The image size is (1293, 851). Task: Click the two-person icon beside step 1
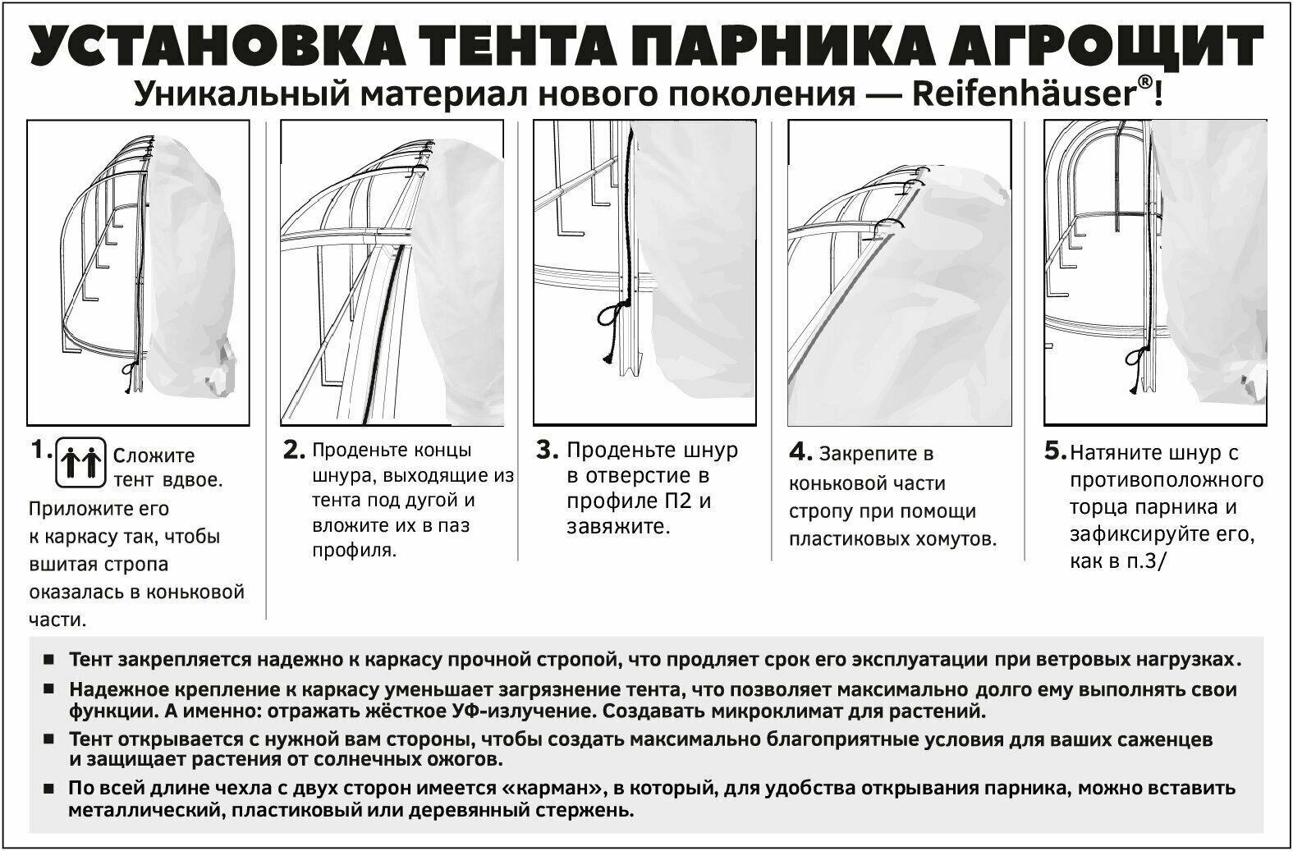80,463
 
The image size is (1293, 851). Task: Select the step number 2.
294,450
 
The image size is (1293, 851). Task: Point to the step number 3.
548,450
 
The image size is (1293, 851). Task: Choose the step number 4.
800,452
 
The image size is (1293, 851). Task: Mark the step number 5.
1056,451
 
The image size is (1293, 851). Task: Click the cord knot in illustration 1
128,373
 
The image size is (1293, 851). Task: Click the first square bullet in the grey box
48,660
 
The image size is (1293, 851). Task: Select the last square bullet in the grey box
48,789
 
